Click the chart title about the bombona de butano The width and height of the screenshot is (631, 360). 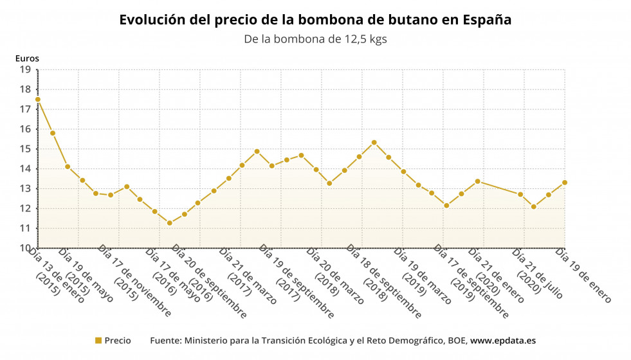pos(315,20)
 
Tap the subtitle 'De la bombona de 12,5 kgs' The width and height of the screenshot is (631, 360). pos(315,39)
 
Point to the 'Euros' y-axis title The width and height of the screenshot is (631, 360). pos(27,59)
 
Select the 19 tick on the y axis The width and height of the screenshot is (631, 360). pos(26,69)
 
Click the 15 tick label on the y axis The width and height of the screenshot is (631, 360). pos(26,149)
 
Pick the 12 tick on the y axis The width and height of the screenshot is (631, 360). pos(26,209)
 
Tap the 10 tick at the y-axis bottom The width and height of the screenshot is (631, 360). pos(26,248)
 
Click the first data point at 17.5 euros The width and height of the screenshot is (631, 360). pos(38,99)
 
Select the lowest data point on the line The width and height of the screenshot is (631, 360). pos(170,223)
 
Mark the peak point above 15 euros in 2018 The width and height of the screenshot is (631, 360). pos(374,142)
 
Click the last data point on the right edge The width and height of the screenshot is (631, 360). pos(565,183)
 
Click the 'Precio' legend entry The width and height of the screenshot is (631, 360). pos(118,341)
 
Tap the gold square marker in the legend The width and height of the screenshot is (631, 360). pos(98,341)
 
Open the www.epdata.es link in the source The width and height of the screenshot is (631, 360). pos(503,341)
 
